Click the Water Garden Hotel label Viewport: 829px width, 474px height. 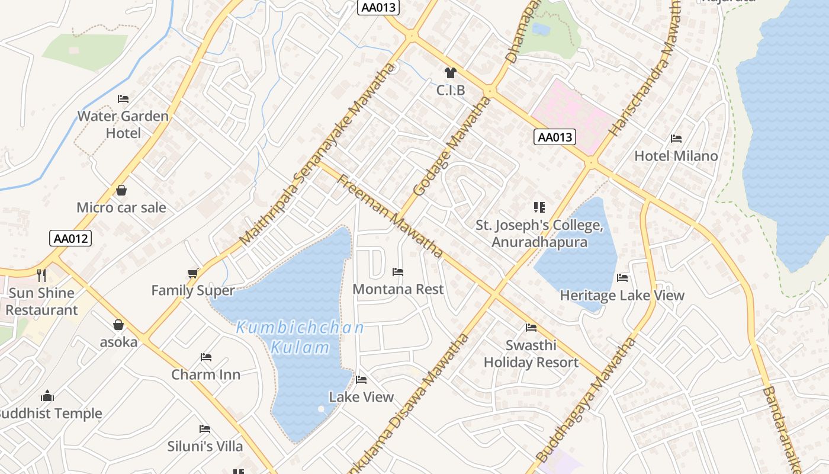(123, 124)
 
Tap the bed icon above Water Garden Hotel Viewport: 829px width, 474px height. (123, 98)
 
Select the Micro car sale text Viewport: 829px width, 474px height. (121, 208)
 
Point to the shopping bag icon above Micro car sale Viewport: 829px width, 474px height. (121, 190)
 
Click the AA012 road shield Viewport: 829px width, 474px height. (70, 239)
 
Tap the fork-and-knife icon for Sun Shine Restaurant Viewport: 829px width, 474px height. (41, 275)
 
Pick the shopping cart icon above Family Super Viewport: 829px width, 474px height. (192, 273)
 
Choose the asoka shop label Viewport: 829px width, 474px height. (118, 342)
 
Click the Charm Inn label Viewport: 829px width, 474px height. (206, 374)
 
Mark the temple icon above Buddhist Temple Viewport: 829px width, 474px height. (47, 396)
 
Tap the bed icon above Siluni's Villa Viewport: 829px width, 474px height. (205, 428)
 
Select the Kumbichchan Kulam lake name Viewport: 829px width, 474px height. (300, 337)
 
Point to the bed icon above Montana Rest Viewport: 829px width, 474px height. (398, 272)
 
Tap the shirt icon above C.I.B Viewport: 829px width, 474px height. (451, 73)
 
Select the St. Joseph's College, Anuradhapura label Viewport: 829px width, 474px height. (539, 233)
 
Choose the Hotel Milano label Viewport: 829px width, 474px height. (676, 156)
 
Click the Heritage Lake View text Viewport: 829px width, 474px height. (622, 295)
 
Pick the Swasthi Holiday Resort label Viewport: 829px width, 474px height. (531, 354)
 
